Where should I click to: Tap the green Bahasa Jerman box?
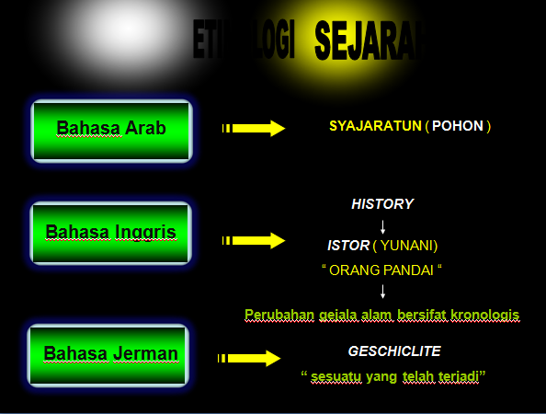(x=108, y=354)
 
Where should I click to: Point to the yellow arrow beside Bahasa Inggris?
(x=255, y=241)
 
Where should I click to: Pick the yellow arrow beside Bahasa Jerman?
(x=249, y=359)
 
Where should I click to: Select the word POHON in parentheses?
(x=461, y=125)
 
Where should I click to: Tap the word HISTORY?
(x=382, y=203)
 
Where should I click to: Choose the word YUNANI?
(x=408, y=246)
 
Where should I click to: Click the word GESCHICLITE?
(x=394, y=351)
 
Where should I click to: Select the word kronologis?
(x=483, y=315)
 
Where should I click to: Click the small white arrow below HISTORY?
(x=382, y=225)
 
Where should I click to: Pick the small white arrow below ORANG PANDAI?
(x=382, y=293)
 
